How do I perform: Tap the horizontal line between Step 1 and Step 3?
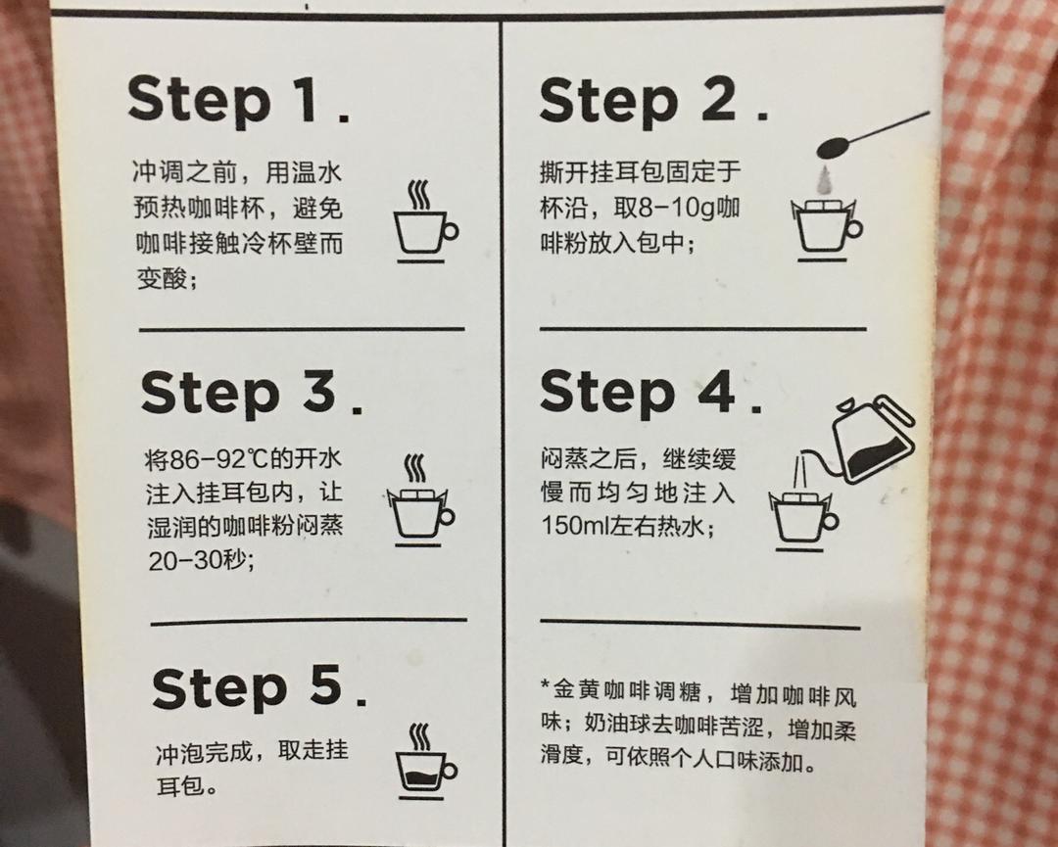[302, 330]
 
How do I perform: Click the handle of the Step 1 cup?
[451, 231]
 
